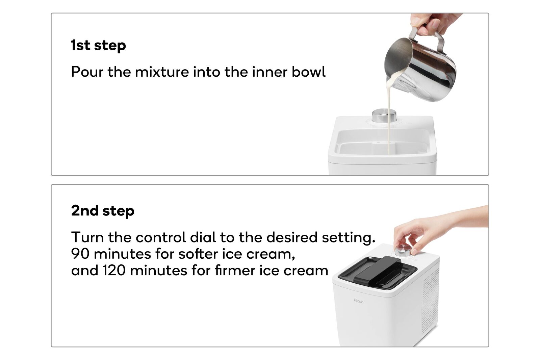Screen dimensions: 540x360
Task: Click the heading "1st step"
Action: click(98, 45)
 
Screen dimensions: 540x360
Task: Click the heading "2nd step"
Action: click(103, 211)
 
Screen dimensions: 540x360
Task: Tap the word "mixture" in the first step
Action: click(162, 72)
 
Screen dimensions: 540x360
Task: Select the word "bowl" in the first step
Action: click(309, 72)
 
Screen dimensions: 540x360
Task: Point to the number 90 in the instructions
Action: click(80, 254)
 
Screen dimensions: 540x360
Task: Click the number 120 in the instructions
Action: click(114, 270)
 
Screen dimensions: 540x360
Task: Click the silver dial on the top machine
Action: click(384, 115)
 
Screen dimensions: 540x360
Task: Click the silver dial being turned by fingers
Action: click(403, 251)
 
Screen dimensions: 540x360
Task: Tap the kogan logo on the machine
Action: click(359, 301)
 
